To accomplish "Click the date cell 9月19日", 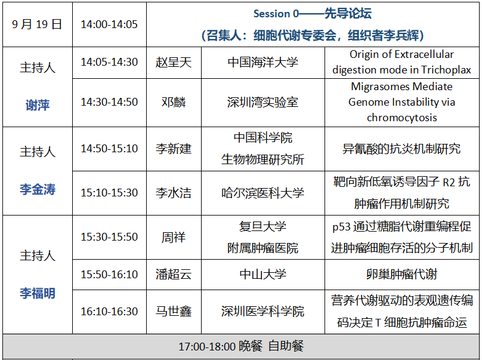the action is point(37,24).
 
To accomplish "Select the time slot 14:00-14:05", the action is point(109,24).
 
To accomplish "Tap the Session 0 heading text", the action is point(313,14).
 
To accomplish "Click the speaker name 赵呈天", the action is point(174,63).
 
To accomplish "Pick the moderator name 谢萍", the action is point(38,105).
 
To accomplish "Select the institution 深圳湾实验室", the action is point(263,102).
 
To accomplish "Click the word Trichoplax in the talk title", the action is point(446,70).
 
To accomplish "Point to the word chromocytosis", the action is point(402,118).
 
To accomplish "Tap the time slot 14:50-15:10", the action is point(109,149).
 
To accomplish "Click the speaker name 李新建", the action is point(174,149).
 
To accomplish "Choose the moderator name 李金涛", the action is point(38,189).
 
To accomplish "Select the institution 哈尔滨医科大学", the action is point(263,193).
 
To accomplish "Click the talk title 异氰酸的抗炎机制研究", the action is point(402,149).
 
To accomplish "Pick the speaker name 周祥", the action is point(174,237).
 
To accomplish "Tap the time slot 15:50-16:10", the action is point(109,275).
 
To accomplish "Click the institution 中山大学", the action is point(263,275).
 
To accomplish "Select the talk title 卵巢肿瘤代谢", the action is point(402,275).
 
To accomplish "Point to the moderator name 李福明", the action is point(38,293).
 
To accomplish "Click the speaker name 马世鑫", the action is point(174,312).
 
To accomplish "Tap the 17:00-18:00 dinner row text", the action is point(242,346).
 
